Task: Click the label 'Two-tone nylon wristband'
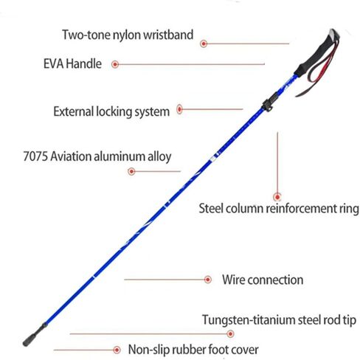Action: point(128,35)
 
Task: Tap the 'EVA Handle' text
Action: point(72,63)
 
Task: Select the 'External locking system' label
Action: point(111,111)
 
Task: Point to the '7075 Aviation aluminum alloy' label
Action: point(97,156)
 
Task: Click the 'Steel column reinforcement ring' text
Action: point(279,209)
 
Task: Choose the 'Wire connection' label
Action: point(263,280)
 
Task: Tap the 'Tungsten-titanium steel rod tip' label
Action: point(279,320)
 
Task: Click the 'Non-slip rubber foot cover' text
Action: point(193,350)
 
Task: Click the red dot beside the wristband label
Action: point(204,44)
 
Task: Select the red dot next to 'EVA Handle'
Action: point(115,64)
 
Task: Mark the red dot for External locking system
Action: point(180,109)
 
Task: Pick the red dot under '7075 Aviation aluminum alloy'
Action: point(131,171)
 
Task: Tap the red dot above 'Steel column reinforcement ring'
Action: point(277,197)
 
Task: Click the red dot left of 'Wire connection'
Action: point(208,280)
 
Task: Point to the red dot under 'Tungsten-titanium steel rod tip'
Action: point(230,333)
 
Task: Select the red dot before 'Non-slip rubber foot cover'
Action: point(117,350)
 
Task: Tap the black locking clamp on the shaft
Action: point(269,103)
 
